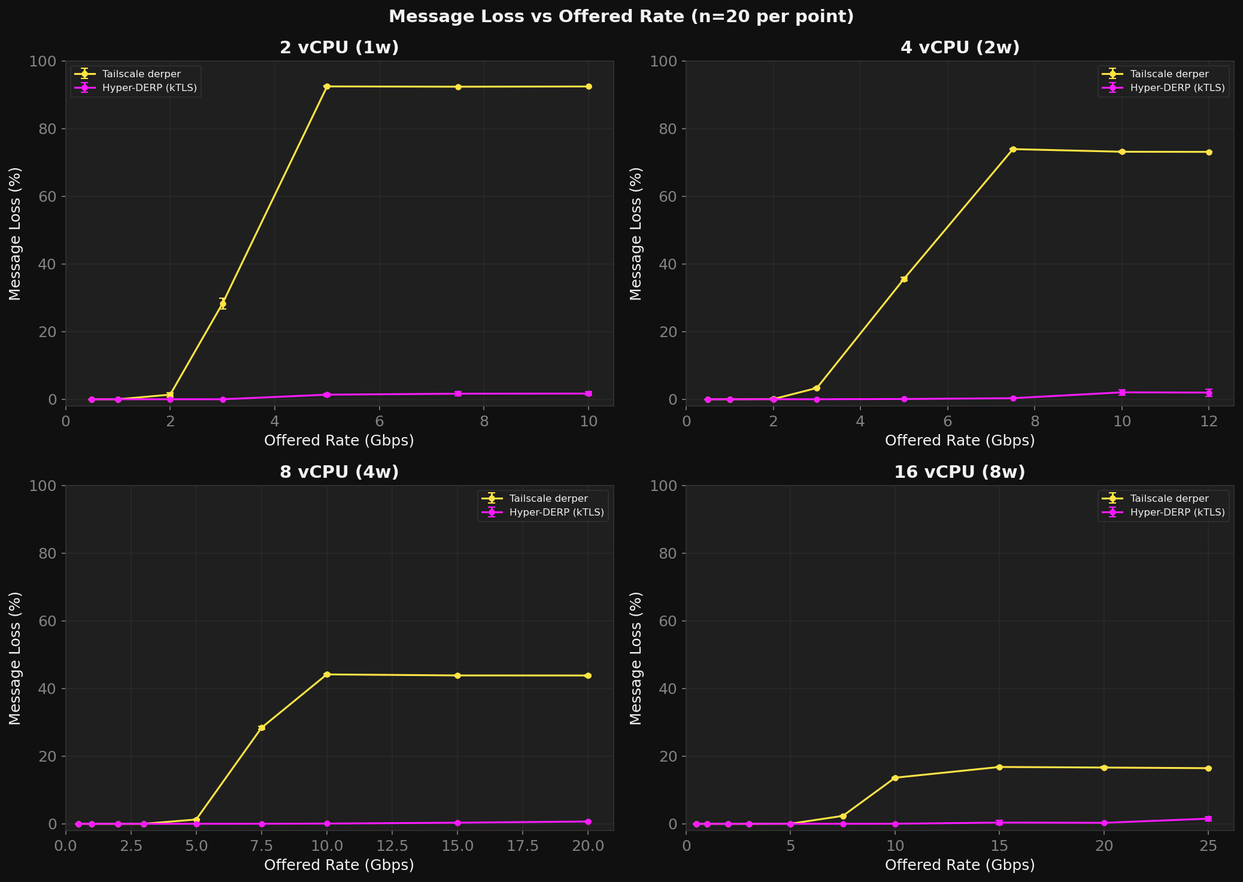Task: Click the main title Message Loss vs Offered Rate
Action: pyautogui.click(x=621, y=17)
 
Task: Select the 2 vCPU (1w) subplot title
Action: pyautogui.click(x=339, y=48)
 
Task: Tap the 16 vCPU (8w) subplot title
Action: pyautogui.click(x=959, y=472)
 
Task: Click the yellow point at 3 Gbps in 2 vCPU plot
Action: pyautogui.click(x=223, y=304)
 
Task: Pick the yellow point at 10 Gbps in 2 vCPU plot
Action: pyautogui.click(x=589, y=87)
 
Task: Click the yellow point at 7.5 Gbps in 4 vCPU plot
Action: pyautogui.click(x=1013, y=149)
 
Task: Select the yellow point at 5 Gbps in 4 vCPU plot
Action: pyautogui.click(x=904, y=279)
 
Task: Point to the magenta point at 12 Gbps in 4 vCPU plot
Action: pyautogui.click(x=1209, y=393)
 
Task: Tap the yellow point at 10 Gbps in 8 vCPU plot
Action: pyautogui.click(x=327, y=675)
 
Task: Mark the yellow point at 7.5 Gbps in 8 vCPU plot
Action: pyautogui.click(x=262, y=728)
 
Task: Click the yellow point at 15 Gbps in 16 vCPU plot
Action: pyautogui.click(x=999, y=767)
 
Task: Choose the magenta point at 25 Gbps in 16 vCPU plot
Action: pyautogui.click(x=1208, y=819)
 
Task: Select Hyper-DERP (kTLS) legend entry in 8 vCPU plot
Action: pyautogui.click(x=556, y=513)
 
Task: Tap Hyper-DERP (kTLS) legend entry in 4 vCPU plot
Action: pyautogui.click(x=1177, y=88)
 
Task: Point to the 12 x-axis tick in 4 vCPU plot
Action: pyautogui.click(x=1209, y=421)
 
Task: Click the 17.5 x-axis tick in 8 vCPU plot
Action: pyautogui.click(x=523, y=845)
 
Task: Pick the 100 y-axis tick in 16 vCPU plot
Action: pyautogui.click(x=667, y=486)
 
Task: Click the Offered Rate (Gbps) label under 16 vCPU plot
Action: pyautogui.click(x=959, y=865)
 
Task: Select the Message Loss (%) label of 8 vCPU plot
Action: pyautogui.click(x=16, y=657)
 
